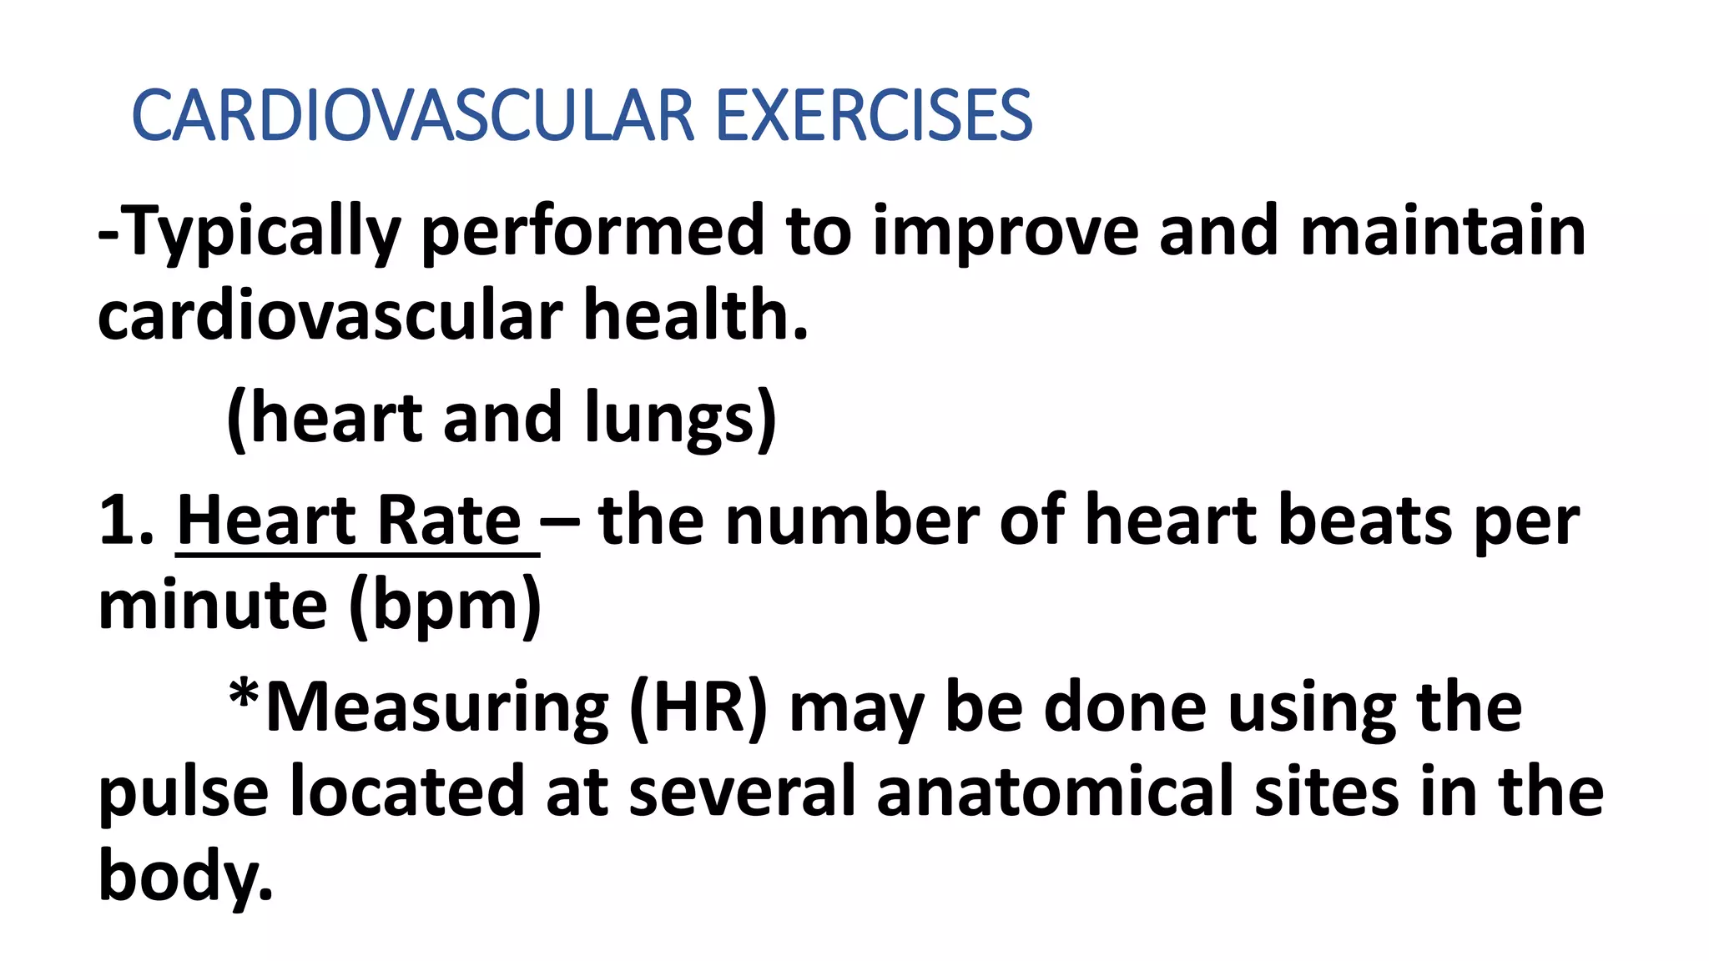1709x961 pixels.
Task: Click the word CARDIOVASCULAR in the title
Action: (x=413, y=116)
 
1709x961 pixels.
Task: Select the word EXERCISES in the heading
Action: (x=874, y=116)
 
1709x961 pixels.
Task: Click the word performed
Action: (x=593, y=233)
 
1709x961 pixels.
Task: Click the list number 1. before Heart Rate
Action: (x=126, y=521)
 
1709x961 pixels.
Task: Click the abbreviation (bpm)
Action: (x=446, y=606)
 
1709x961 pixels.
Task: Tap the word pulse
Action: (x=184, y=793)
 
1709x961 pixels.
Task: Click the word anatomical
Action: (x=1055, y=792)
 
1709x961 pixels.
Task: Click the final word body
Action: (x=185, y=876)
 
